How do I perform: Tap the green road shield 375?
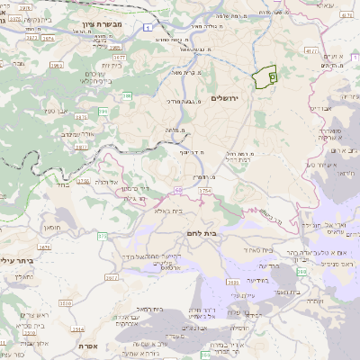click(103, 235)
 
